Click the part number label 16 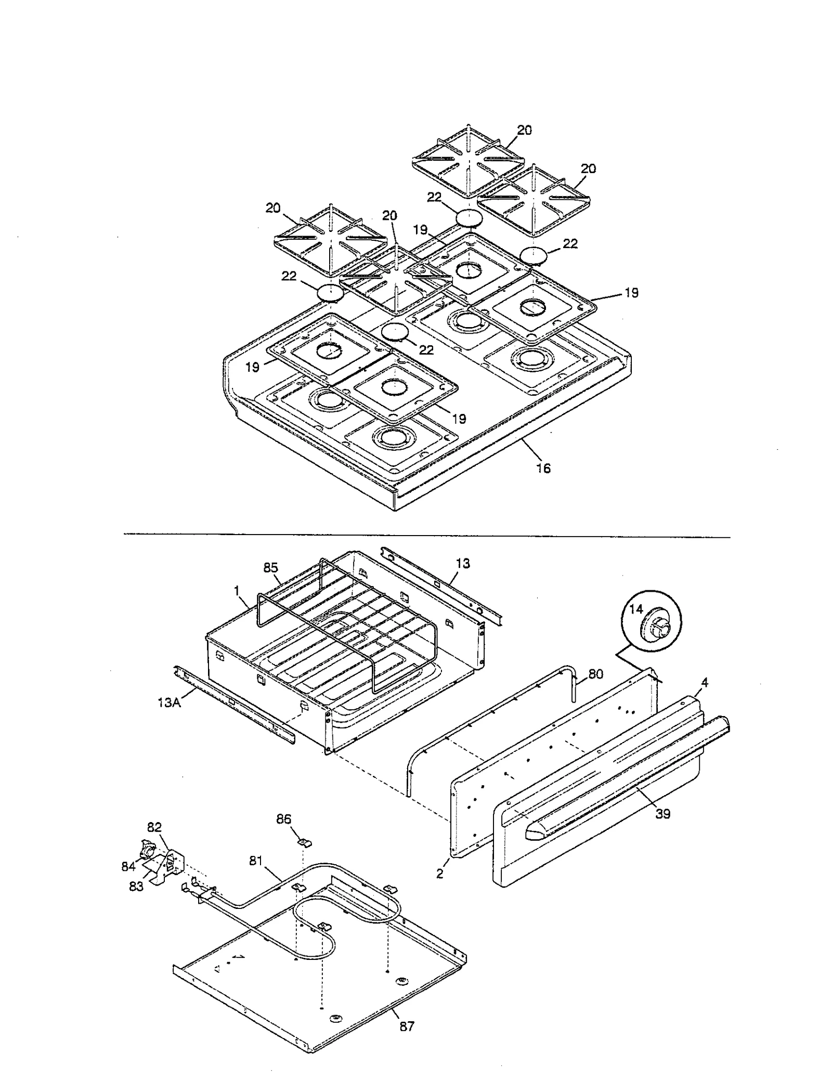(x=543, y=468)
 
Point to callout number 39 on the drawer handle (x=662, y=814)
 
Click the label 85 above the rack (x=271, y=567)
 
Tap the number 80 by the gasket (x=595, y=674)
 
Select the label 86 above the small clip (x=283, y=820)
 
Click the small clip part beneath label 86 (x=303, y=841)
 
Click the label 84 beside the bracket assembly (x=128, y=866)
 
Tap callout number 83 (x=136, y=887)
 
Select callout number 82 (x=154, y=827)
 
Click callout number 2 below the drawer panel (x=439, y=874)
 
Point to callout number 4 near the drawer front (x=704, y=682)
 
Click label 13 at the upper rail (x=463, y=563)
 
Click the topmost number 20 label (x=524, y=130)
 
